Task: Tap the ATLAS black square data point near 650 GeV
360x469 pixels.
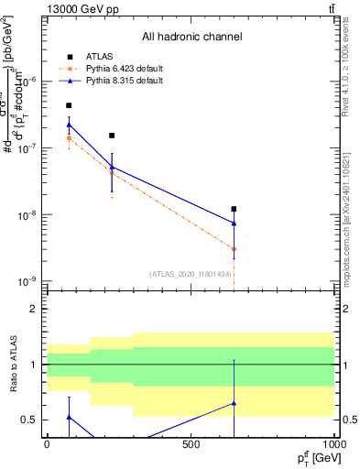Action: (234, 209)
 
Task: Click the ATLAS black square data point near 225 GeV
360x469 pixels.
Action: (112, 136)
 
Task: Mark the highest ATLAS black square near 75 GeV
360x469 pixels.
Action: (69, 105)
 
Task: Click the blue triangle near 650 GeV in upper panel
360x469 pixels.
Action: (234, 223)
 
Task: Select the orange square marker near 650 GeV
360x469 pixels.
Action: (234, 249)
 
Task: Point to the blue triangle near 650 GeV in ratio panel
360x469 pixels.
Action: (234, 403)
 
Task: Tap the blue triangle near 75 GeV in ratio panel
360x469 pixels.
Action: (69, 417)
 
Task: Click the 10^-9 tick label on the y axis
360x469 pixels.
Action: (27, 281)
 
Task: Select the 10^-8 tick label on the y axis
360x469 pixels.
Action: (27, 215)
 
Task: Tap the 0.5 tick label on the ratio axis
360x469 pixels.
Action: (32, 420)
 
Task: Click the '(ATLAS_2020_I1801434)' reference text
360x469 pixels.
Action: (191, 274)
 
